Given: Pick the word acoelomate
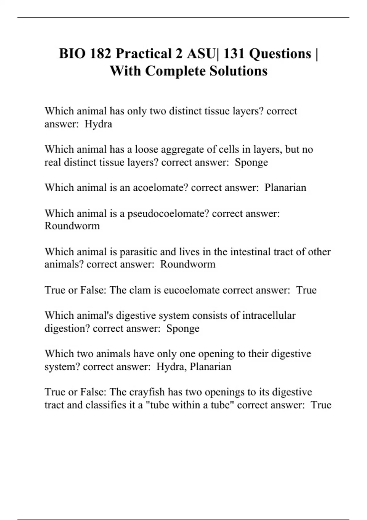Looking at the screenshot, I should click(x=160, y=188).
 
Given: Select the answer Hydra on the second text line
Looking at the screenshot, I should click(x=98, y=124).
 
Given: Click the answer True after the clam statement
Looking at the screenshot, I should click(x=306, y=290).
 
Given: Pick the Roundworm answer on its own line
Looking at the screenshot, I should click(x=72, y=226).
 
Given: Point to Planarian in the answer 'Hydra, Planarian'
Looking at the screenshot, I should click(x=210, y=366).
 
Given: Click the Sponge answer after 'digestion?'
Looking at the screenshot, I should click(x=183, y=329).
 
